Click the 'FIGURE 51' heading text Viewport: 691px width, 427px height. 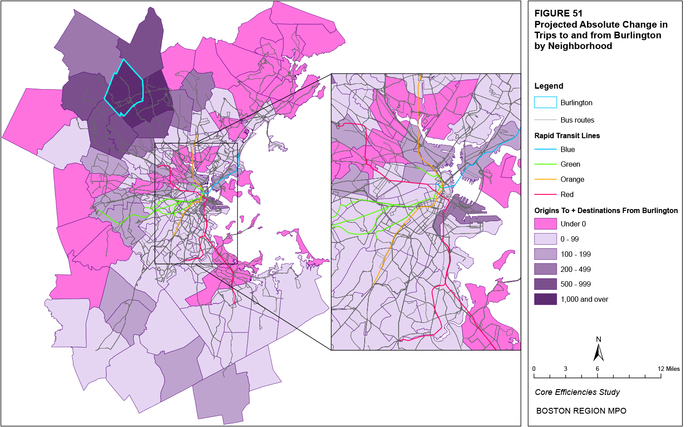(558, 13)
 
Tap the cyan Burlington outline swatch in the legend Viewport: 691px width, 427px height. (545, 103)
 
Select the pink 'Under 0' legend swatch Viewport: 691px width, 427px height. (545, 224)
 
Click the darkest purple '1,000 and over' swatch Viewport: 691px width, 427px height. (545, 299)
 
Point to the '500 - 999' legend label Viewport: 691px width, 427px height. (575, 284)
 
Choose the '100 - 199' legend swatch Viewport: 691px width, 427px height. (545, 254)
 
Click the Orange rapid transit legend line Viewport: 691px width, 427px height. (545, 179)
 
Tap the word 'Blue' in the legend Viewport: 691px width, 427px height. (567, 149)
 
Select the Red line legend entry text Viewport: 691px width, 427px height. (567, 194)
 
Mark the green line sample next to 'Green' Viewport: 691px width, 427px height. (545, 164)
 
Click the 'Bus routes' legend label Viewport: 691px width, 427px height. (577, 120)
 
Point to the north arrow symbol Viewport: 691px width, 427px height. (598, 351)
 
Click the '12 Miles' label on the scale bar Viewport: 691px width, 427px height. (668, 369)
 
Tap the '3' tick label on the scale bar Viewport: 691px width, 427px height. (565, 369)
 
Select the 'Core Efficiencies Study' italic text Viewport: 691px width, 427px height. (577, 392)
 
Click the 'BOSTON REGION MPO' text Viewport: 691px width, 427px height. (581, 411)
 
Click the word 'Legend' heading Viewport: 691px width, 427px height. (549, 86)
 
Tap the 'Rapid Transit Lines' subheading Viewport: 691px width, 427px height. (567, 135)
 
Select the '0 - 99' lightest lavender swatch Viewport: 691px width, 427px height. (545, 239)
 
